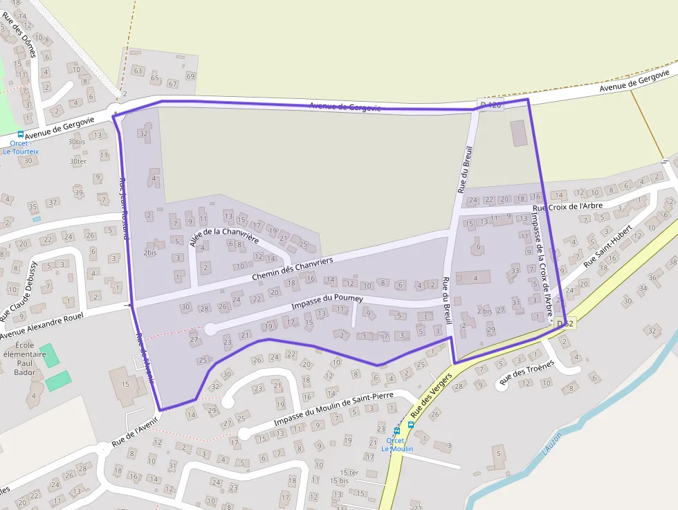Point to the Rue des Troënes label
(527, 372)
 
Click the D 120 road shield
(489, 104)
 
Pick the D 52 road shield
(565, 323)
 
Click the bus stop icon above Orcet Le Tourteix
(20, 134)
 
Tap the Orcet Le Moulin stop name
(396, 445)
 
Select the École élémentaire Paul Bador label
(25, 358)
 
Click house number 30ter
(78, 161)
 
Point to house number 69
(190, 76)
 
